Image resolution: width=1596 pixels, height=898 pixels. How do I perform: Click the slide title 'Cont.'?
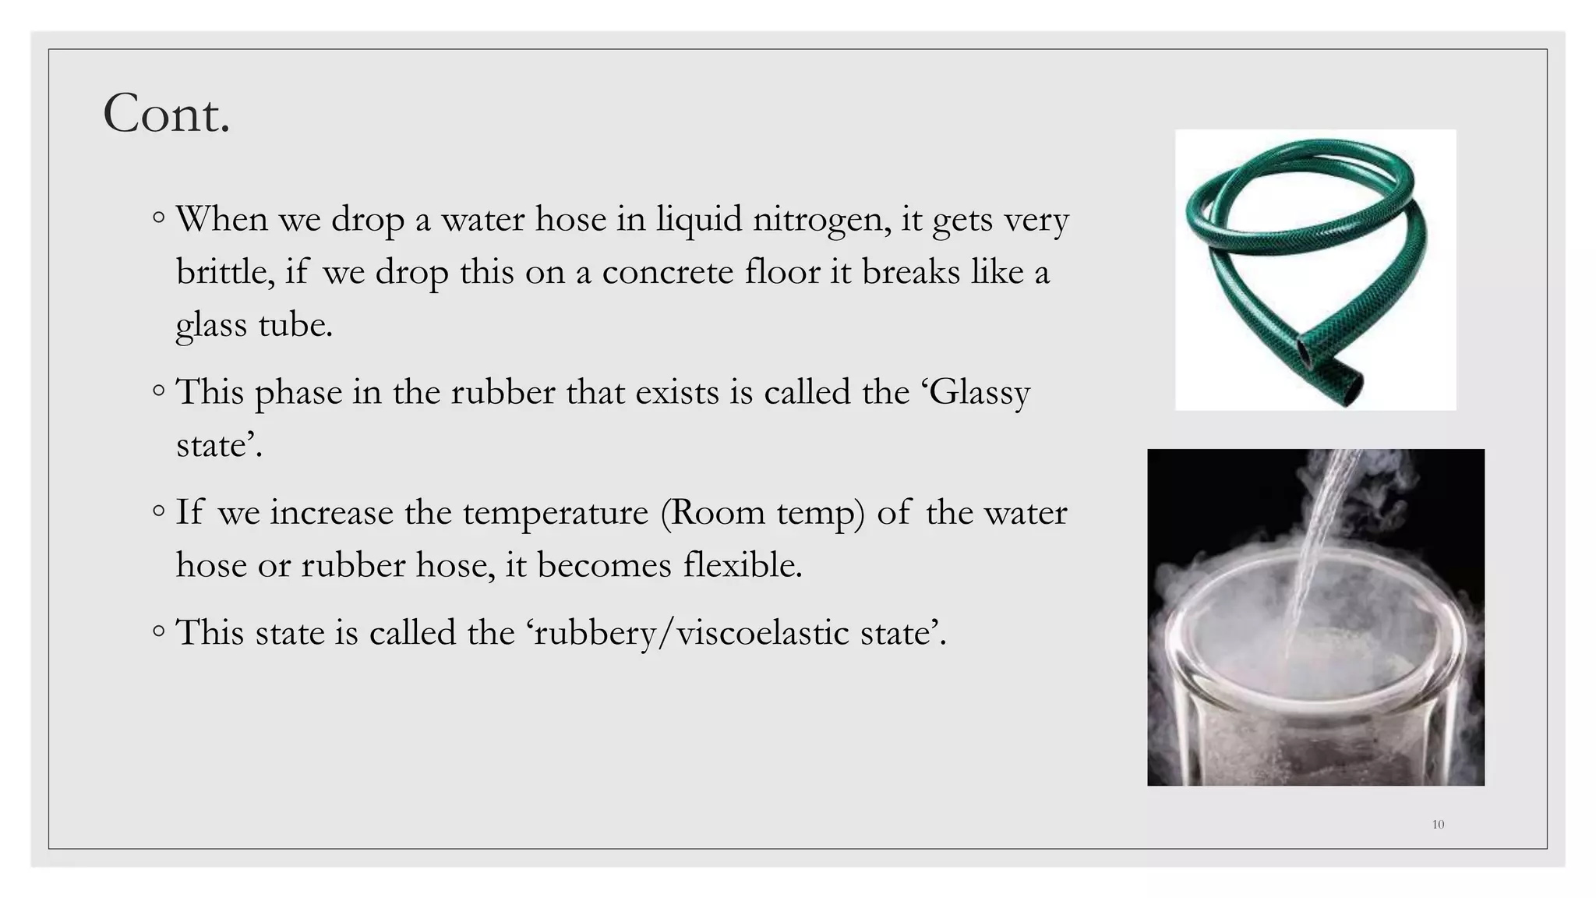(167, 114)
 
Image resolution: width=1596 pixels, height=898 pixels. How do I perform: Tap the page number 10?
(1438, 824)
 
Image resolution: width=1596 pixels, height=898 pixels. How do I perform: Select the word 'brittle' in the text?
(224, 272)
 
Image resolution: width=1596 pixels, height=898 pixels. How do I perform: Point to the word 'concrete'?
(668, 272)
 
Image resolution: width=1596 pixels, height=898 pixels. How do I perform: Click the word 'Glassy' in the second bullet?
(980, 393)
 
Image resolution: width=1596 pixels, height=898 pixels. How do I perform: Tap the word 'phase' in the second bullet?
(298, 393)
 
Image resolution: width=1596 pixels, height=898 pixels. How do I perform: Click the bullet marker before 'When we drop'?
(159, 218)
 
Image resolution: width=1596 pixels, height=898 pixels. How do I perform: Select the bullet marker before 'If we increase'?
(159, 511)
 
